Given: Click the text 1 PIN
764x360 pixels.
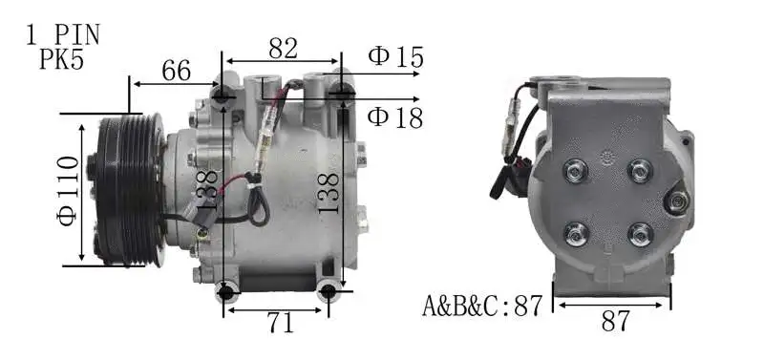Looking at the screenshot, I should [63, 35].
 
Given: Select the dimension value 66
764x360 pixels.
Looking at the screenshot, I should [176, 71].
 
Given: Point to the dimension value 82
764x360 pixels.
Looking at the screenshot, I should [283, 48].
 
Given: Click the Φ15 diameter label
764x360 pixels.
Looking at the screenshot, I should [395, 56].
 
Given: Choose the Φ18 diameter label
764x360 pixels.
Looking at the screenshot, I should [395, 116].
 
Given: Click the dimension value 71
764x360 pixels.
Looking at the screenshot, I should [280, 324].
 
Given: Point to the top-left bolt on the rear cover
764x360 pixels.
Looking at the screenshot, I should [577, 172].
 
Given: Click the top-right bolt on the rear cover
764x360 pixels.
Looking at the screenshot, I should [638, 172].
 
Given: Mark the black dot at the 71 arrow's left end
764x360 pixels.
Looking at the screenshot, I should [226, 291].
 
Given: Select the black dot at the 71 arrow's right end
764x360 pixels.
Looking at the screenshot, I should [329, 291].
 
